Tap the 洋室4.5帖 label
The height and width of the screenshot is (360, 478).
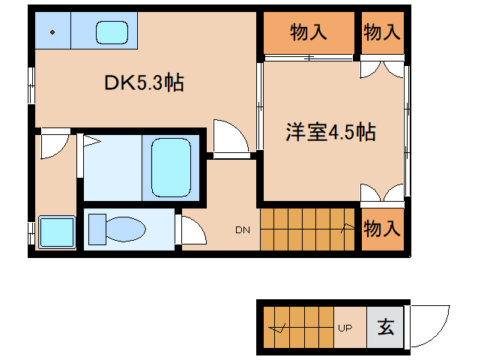click(x=330, y=133)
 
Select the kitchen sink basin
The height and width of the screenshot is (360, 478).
click(x=113, y=32)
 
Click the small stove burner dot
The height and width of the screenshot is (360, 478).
click(x=53, y=32)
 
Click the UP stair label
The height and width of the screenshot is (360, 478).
click(x=345, y=328)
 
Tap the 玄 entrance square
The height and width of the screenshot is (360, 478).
click(x=385, y=328)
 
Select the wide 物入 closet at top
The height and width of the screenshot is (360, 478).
click(x=308, y=32)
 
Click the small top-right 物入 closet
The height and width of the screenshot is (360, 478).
click(x=381, y=32)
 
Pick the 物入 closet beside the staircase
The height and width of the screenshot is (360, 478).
click(x=381, y=229)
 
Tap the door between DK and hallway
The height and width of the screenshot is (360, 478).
click(x=229, y=137)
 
